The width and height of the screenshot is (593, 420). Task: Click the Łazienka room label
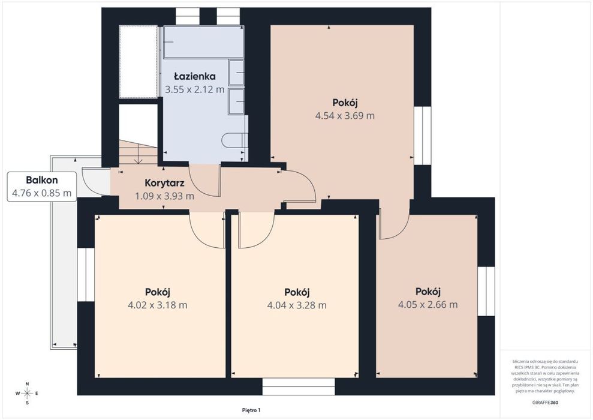tap(194, 76)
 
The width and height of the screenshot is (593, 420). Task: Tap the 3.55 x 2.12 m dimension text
tap(194, 89)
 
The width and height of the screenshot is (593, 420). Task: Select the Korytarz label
tap(164, 183)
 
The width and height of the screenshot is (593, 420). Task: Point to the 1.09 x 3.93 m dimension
tap(164, 196)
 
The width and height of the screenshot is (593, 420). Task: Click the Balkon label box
tap(42, 187)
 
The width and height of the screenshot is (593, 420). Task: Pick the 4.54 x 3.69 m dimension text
tap(345, 116)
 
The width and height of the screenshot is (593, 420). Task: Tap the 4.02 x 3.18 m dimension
tap(157, 305)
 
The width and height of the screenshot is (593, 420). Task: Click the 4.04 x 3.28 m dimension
tap(297, 305)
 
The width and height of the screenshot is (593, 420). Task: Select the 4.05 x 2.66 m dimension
tap(428, 305)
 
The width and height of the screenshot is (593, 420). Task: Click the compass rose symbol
tap(27, 394)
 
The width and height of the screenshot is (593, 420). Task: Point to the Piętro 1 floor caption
tap(251, 410)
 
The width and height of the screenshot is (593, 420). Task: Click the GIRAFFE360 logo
tap(545, 403)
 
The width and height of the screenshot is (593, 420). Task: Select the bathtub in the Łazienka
tap(203, 42)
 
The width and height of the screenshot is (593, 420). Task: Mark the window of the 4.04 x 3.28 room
tap(299, 386)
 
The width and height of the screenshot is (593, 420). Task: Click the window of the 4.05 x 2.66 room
tap(486, 292)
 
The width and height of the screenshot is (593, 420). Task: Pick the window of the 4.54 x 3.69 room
tap(423, 136)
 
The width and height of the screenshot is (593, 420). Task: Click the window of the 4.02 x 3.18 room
tap(86, 275)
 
